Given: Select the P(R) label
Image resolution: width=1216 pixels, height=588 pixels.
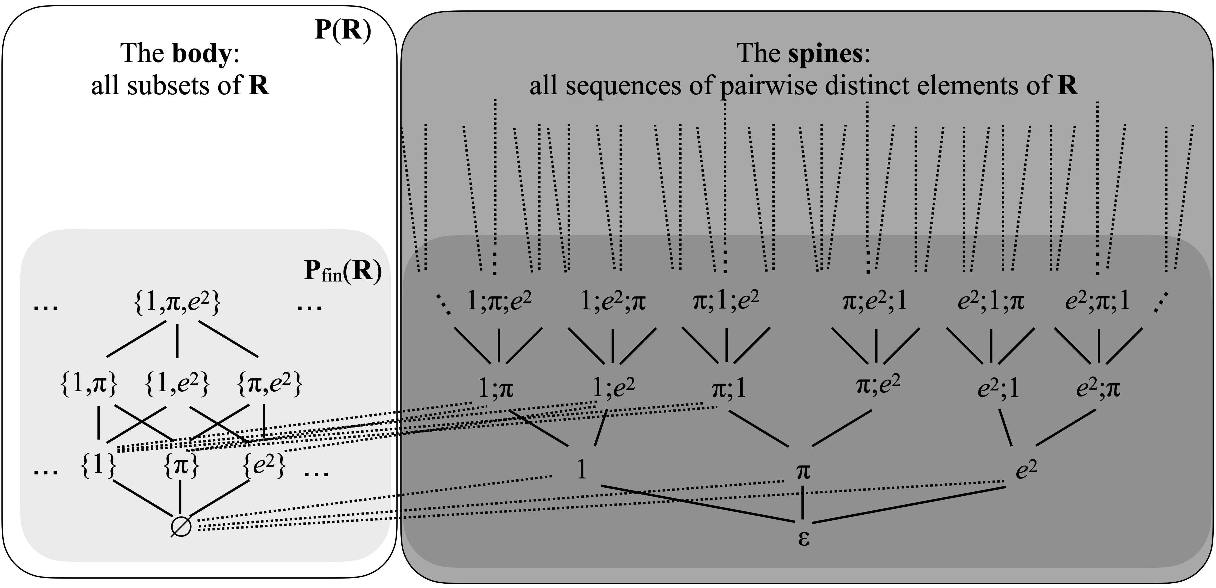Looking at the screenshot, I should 343,31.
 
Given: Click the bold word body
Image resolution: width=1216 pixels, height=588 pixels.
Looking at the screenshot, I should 201,53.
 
